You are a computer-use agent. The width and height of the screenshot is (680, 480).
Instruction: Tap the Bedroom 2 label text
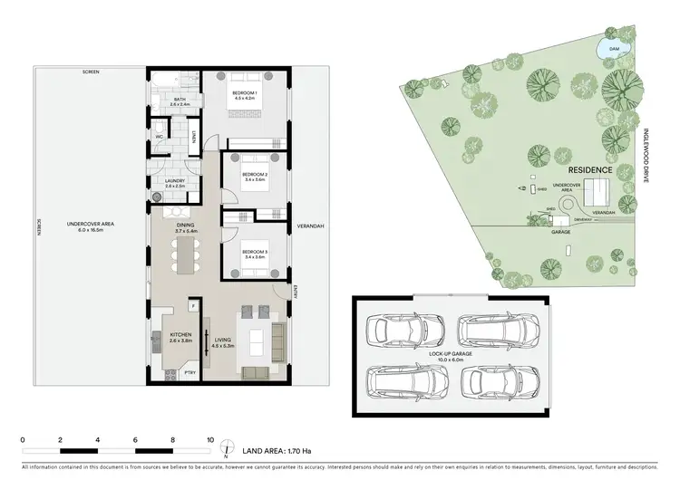point(254,177)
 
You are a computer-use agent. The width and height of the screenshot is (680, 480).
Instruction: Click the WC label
point(159,138)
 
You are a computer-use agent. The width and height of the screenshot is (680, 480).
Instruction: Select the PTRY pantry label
point(189,372)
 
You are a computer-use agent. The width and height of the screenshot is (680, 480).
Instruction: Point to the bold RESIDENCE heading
point(590,170)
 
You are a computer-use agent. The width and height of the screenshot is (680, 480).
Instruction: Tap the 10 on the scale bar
point(210,439)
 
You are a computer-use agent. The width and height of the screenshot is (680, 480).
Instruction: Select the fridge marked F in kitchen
point(192,306)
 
